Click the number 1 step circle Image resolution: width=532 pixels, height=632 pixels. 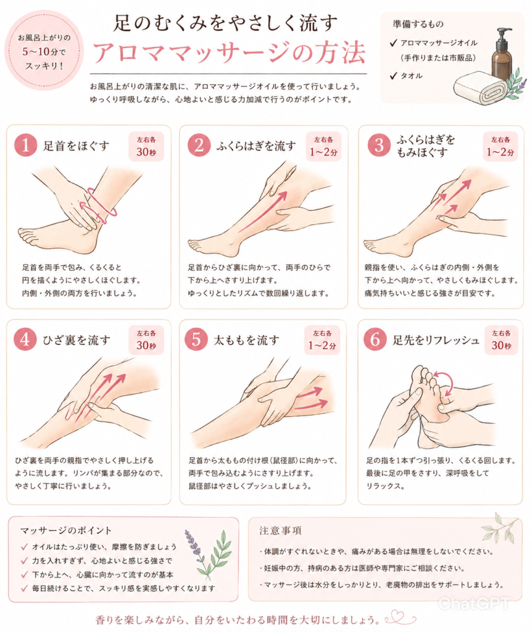[x=26, y=145]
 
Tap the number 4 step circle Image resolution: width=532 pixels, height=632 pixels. [x=25, y=339]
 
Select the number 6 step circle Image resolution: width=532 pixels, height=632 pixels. [x=375, y=339]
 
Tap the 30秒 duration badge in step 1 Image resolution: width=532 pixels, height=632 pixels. [x=146, y=146]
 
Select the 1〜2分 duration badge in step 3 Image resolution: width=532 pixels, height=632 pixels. [x=500, y=146]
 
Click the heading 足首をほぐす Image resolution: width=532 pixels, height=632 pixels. [x=76, y=146]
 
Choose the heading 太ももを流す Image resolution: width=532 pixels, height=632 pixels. [x=246, y=340]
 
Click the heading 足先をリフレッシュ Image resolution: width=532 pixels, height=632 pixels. [x=436, y=340]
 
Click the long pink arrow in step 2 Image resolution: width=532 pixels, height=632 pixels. [x=263, y=212]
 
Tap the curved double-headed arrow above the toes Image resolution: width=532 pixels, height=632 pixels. [x=447, y=383]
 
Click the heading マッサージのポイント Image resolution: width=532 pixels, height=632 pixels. [x=65, y=530]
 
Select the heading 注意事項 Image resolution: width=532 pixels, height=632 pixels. [x=281, y=530]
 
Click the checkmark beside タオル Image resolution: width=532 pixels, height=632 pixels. [x=393, y=75]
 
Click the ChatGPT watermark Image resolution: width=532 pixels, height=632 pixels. [x=473, y=604]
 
